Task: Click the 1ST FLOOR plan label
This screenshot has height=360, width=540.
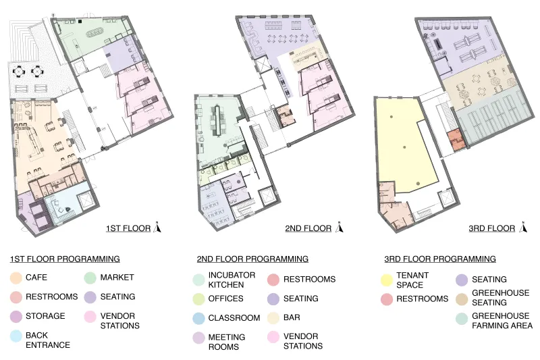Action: pyautogui.click(x=128, y=228)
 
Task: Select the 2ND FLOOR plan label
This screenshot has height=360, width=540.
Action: pyautogui.click(x=308, y=228)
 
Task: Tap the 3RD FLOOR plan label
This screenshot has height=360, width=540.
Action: pyautogui.click(x=492, y=228)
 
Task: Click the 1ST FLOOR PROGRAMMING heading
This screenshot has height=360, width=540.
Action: pyautogui.click(x=65, y=259)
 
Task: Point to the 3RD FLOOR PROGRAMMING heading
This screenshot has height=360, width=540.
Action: pyautogui.click(x=440, y=259)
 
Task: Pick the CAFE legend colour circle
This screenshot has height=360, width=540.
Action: pyautogui.click(x=16, y=278)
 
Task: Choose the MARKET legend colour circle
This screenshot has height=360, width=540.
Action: pyautogui.click(x=90, y=278)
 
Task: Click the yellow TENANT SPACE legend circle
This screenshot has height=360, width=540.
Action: pyautogui.click(x=387, y=280)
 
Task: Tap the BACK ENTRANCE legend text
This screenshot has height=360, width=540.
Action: pyautogui.click(x=48, y=340)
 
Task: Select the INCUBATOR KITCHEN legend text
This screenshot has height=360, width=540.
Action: pyautogui.click(x=232, y=280)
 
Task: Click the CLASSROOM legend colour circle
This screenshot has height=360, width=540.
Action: pyautogui.click(x=198, y=318)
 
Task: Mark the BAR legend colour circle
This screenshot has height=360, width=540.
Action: pyautogui.click(x=273, y=318)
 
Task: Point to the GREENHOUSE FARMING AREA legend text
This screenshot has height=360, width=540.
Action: pyautogui.click(x=502, y=321)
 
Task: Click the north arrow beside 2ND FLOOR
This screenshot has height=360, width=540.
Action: pyautogui.click(x=340, y=227)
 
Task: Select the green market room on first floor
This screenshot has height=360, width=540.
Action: pyautogui.click(x=90, y=38)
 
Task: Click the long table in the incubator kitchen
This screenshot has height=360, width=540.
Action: pyautogui.click(x=217, y=120)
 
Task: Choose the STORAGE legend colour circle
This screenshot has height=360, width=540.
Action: pyautogui.click(x=16, y=316)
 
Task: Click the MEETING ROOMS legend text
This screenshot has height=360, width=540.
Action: pyautogui.click(x=227, y=342)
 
